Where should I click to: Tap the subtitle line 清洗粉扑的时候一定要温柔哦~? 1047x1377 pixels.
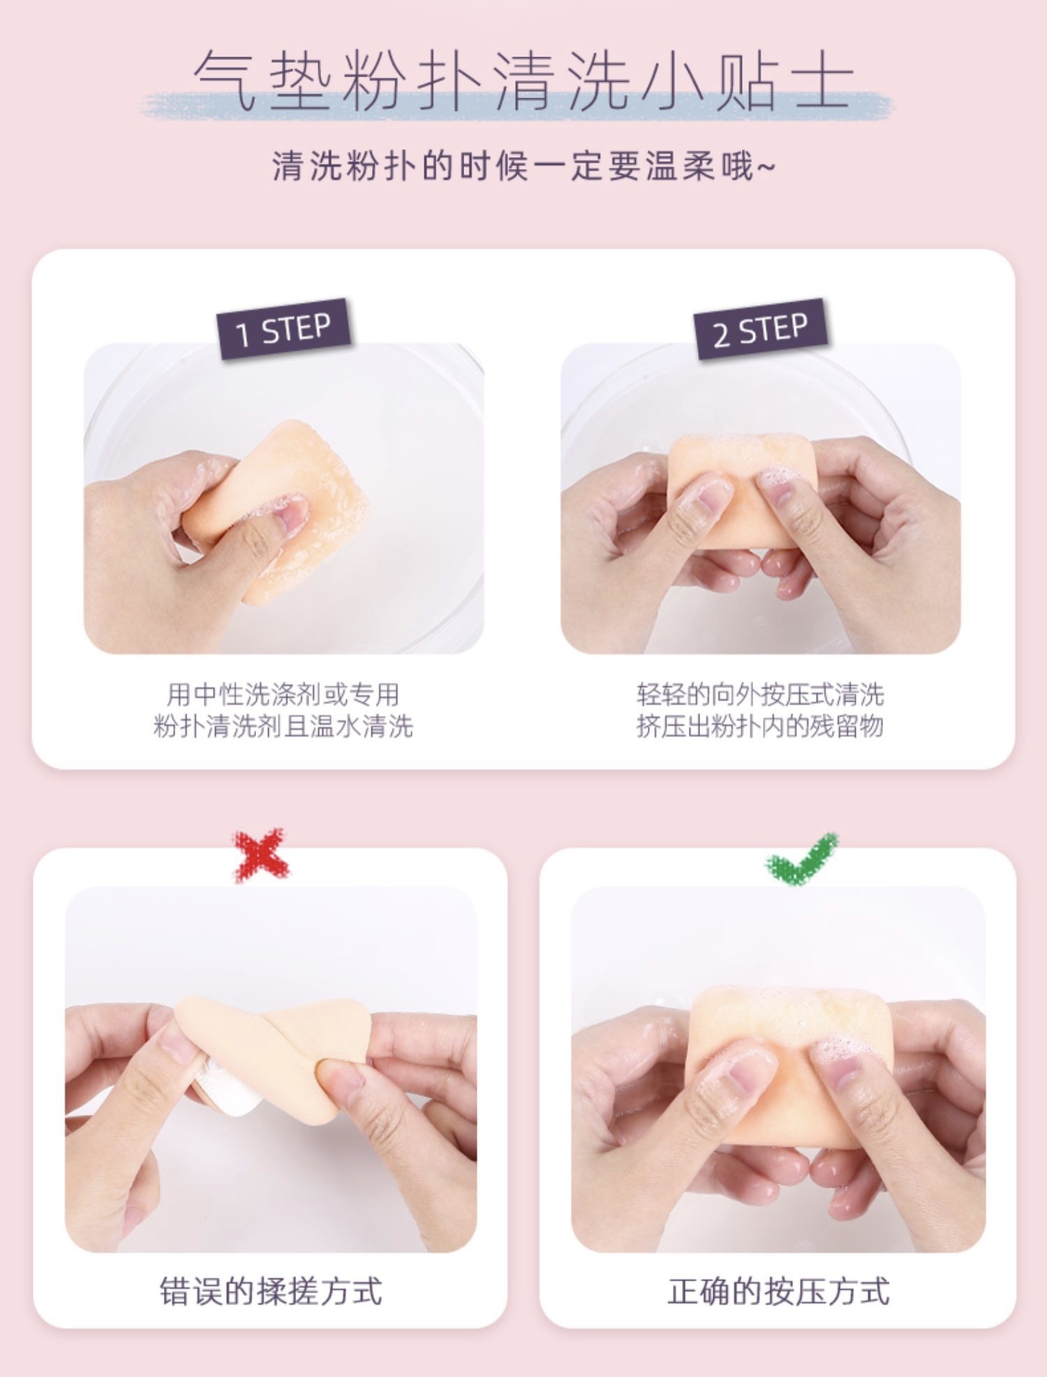pos(523,167)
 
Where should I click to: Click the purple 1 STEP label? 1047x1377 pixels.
pos(283,329)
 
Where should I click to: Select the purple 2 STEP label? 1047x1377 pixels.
pos(761,329)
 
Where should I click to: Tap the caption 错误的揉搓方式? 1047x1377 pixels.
pos(272,1271)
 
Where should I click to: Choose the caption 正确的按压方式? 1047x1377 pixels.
pos(778,1271)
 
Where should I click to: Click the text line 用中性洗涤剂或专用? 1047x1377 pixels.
pos(283,694)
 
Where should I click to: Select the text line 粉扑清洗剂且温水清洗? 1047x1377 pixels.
pos(283,727)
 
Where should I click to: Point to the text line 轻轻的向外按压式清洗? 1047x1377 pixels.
pos(760,694)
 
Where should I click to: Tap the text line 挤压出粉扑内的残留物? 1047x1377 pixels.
pos(760,727)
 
